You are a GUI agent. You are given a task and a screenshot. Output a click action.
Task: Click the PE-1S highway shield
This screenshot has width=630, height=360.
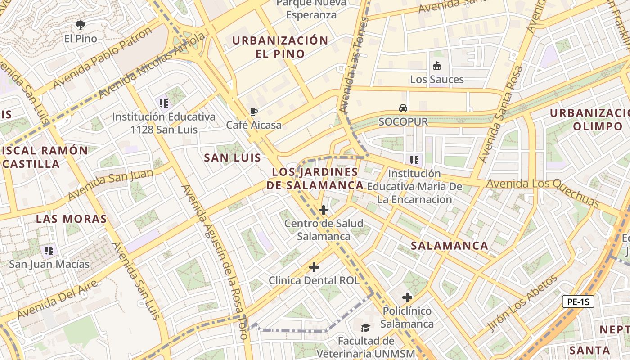[578, 302]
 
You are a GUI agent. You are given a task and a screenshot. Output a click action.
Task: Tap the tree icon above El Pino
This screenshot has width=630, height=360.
[81, 25]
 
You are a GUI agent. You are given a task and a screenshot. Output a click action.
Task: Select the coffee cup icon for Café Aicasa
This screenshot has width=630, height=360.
[254, 112]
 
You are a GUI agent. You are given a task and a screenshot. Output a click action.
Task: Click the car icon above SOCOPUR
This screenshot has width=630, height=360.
[403, 108]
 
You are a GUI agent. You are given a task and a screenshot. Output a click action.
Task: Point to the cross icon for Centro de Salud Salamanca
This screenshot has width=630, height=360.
[323, 210]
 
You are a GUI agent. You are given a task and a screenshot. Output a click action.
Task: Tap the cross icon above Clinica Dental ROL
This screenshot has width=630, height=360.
[314, 267]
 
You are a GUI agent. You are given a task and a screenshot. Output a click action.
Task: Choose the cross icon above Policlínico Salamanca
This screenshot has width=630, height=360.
[407, 297]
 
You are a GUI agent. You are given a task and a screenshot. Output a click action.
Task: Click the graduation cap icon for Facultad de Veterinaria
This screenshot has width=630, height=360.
[365, 327]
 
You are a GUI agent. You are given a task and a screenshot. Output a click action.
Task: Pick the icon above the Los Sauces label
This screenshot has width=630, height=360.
[436, 66]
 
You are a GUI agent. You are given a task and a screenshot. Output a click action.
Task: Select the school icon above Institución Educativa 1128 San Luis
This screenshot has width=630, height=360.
[164, 103]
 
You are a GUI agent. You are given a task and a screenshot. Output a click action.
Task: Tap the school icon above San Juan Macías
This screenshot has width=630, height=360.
[49, 250]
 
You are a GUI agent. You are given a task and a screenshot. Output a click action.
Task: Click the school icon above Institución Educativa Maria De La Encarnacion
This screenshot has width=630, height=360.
[414, 160]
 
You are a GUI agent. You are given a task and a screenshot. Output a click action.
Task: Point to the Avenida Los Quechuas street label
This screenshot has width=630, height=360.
[543, 191]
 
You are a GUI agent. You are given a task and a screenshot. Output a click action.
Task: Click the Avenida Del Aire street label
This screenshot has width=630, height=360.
[58, 299]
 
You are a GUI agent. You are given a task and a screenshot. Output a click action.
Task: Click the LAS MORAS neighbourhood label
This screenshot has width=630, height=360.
[71, 219]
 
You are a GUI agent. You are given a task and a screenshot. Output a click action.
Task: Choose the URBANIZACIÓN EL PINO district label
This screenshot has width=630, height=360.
[280, 47]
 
